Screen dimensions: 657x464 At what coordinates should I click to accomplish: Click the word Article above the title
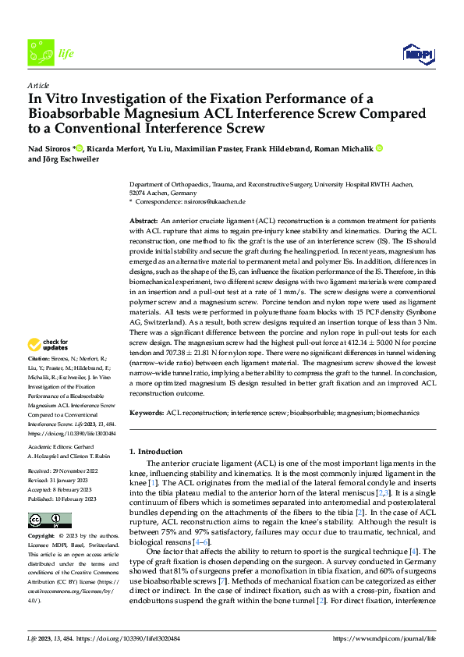pos(38,85)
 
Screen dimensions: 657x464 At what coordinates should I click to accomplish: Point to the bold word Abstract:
pos(144,222)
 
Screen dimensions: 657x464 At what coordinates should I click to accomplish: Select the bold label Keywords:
pos(147,412)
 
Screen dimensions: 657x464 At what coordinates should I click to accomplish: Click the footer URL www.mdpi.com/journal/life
pos(390,640)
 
